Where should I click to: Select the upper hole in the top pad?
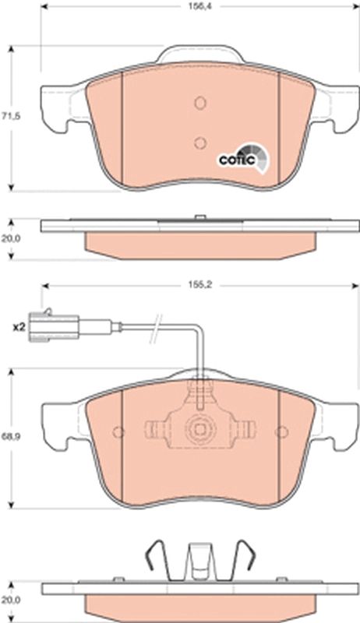point(199,103)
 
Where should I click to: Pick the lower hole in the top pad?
point(199,142)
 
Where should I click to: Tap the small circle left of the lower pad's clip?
point(118,431)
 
